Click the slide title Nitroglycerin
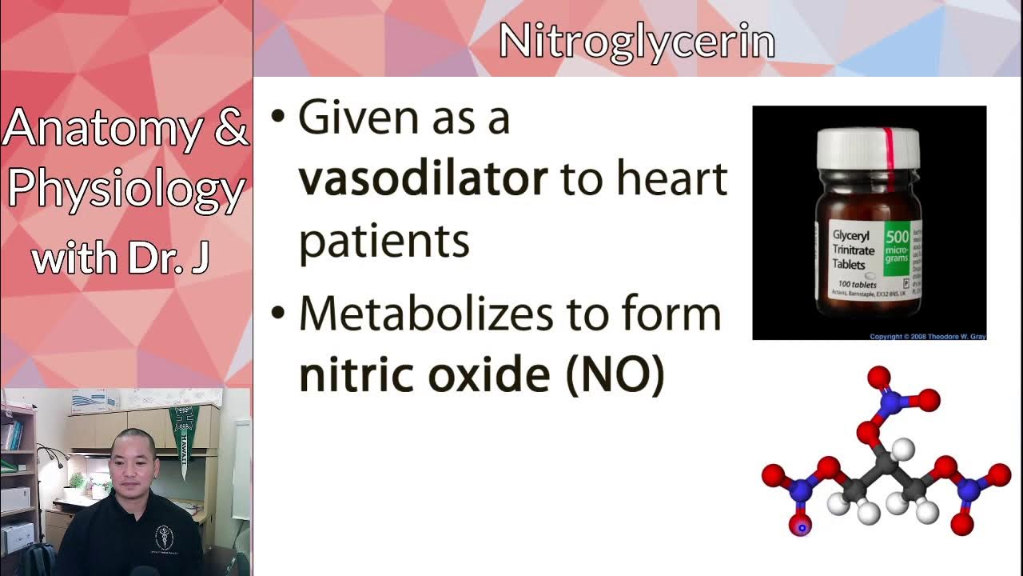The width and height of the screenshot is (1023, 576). click(x=637, y=41)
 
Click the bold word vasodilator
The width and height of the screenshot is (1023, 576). click(x=423, y=179)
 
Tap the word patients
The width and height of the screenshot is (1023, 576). click(x=384, y=239)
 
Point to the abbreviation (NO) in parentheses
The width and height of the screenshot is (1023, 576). click(x=615, y=374)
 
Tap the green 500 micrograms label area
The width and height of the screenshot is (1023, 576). click(x=896, y=248)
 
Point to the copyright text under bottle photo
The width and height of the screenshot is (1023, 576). click(x=927, y=337)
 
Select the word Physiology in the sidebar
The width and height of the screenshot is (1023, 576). click(x=125, y=190)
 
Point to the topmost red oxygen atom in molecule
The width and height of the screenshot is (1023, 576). click(x=878, y=376)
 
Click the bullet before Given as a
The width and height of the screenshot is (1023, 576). click(x=277, y=117)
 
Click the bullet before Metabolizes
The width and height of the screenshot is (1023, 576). click(x=277, y=313)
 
